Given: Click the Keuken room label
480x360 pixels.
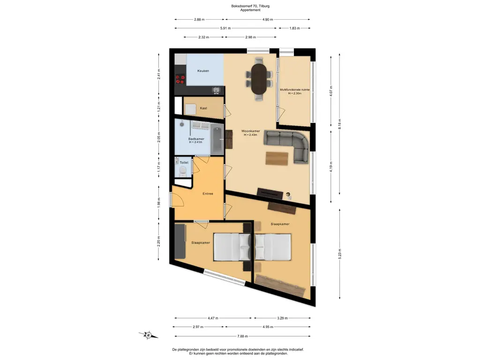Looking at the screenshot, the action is pyautogui.click(x=203, y=71).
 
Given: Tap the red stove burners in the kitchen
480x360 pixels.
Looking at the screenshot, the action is pyautogui.click(x=180, y=80).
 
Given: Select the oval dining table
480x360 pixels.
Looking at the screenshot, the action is pyautogui.click(x=259, y=78).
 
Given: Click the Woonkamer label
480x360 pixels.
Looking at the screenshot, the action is pyautogui.click(x=250, y=131).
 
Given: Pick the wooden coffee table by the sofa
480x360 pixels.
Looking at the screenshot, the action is pyautogui.click(x=277, y=158).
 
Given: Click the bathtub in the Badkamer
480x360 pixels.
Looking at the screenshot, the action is pyautogui.click(x=217, y=140).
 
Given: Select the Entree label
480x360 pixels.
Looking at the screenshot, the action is pyautogui.click(x=208, y=194).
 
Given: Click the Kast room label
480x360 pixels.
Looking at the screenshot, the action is pyautogui.click(x=203, y=108).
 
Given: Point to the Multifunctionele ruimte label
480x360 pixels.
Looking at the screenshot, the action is pyautogui.click(x=294, y=90).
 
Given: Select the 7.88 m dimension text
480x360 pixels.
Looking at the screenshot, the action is pyautogui.click(x=242, y=336).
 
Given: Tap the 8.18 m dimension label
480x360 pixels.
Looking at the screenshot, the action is pyautogui.click(x=339, y=124).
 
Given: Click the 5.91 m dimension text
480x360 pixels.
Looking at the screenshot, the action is pyautogui.click(x=225, y=28).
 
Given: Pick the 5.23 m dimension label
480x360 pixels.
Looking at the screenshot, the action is pyautogui.click(x=339, y=254).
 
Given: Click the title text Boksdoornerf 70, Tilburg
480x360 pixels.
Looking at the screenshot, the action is pyautogui.click(x=250, y=6).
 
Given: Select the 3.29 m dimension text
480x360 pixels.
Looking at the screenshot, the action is pyautogui.click(x=282, y=318).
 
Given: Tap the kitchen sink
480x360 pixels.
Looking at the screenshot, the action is pyautogui.click(x=216, y=90).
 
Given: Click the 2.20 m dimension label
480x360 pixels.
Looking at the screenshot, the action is pyautogui.click(x=158, y=241).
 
